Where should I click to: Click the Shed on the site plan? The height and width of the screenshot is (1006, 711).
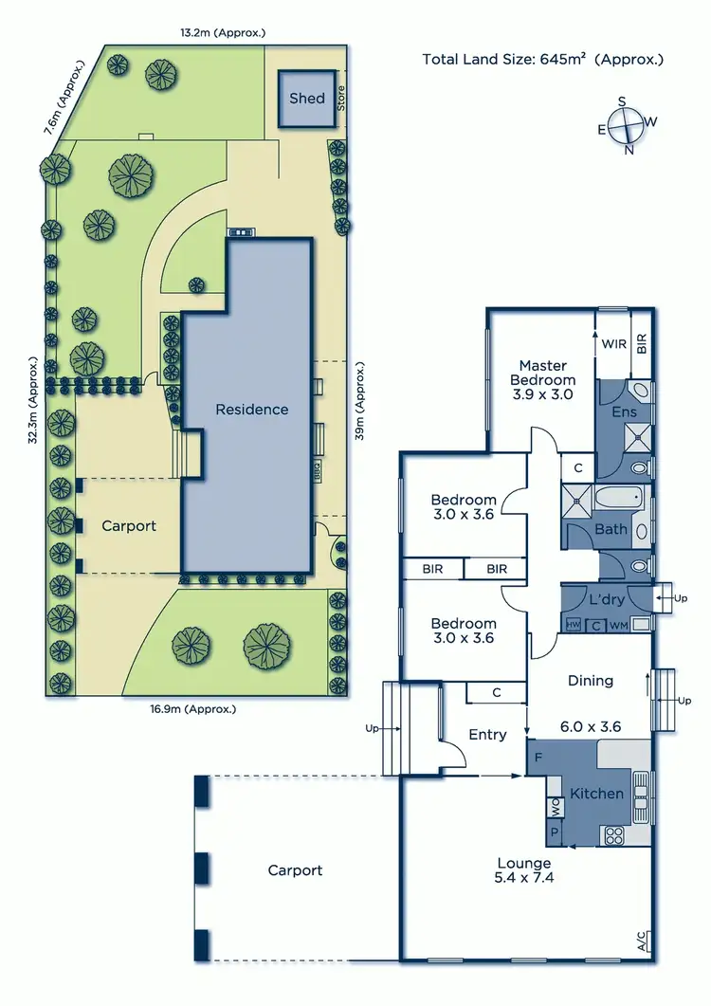306,99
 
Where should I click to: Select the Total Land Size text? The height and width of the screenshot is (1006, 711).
542,60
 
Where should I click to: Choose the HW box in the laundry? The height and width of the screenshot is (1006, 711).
573,625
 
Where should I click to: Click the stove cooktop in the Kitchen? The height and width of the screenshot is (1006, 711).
613,835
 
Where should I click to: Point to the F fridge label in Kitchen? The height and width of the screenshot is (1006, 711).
538,758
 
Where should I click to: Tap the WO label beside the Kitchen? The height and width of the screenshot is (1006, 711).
555,808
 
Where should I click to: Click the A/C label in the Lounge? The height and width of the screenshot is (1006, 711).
643,942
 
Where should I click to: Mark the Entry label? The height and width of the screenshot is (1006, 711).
487,734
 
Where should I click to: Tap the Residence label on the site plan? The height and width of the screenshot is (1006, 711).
251,410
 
